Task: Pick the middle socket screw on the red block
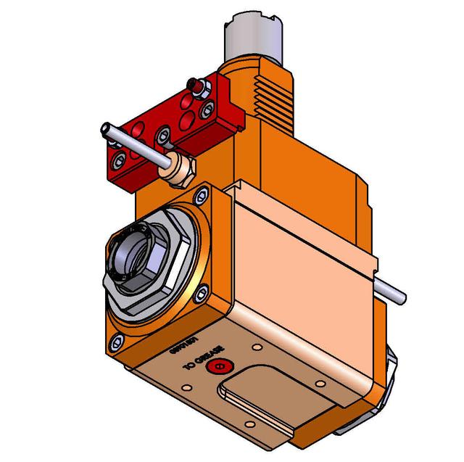coord(164,133)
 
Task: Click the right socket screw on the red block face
coord(208,110)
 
